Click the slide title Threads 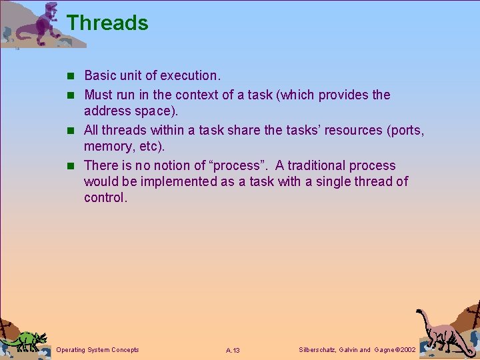coord(107,23)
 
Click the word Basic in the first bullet coord(101,75)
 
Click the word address coord(108,111)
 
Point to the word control coord(105,197)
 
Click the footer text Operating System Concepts coord(98,350)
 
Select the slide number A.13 coord(233,351)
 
